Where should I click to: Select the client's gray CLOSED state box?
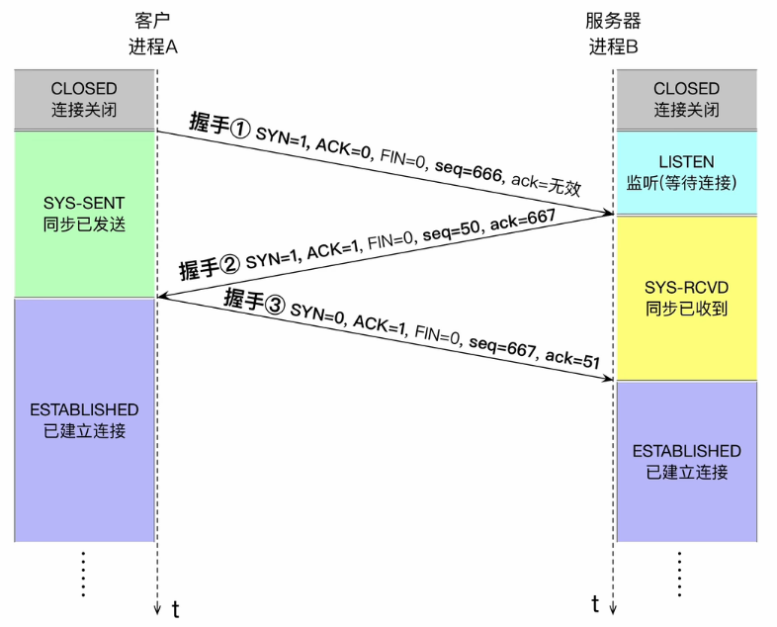pyautogui.click(x=84, y=99)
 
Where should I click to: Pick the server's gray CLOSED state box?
pyautogui.click(x=686, y=99)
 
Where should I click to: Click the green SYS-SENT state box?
pyautogui.click(x=84, y=213)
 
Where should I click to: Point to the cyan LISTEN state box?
pyautogui.click(x=686, y=171)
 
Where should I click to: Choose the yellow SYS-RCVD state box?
pyautogui.click(x=686, y=298)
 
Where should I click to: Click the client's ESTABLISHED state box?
pyautogui.click(x=84, y=419)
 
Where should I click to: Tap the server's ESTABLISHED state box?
pyautogui.click(x=686, y=461)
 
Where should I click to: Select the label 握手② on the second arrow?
pyautogui.click(x=210, y=267)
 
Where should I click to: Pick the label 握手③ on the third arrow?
pyautogui.click(x=254, y=299)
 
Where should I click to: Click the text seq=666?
pyautogui.click(x=468, y=169)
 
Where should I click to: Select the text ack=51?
pyautogui.click(x=573, y=360)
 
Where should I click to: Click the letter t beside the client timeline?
pyautogui.click(x=176, y=606)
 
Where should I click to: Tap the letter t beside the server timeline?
pyautogui.click(x=596, y=602)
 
